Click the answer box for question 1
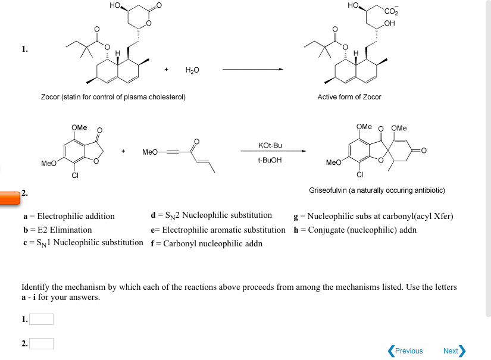(x=42, y=320)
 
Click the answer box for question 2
(x=42, y=343)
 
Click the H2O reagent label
(x=192, y=70)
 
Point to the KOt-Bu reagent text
(x=270, y=145)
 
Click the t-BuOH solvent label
(x=270, y=160)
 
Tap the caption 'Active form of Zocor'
(x=349, y=97)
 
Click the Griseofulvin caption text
(x=377, y=190)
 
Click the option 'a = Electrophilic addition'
(x=68, y=216)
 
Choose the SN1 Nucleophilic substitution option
(x=82, y=243)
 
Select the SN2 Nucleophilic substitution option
(x=212, y=215)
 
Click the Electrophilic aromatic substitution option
(x=218, y=230)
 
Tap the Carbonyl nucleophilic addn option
(x=207, y=243)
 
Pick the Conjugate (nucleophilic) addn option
(x=355, y=230)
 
